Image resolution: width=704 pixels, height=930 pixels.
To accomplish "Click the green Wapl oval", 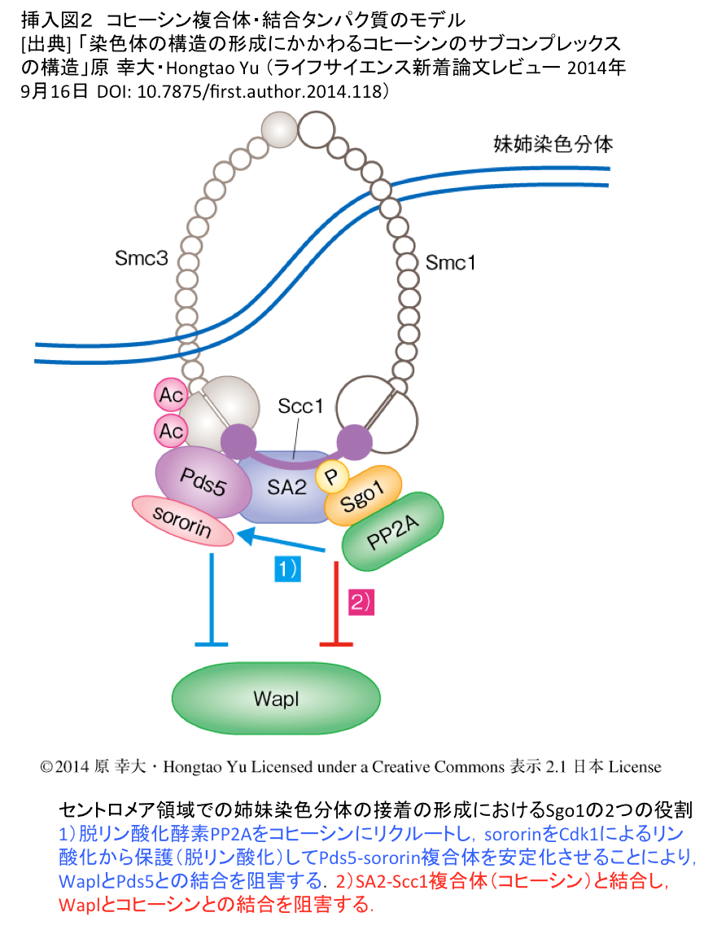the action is [x=276, y=698].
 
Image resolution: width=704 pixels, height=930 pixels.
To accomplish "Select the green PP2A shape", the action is [x=393, y=532].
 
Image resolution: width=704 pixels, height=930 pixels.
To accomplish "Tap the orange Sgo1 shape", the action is [x=363, y=497].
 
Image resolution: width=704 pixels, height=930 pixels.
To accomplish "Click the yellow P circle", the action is [x=332, y=476].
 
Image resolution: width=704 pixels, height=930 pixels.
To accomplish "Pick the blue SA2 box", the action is [x=286, y=487].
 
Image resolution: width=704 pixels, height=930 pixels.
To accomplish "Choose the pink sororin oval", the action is [x=182, y=520].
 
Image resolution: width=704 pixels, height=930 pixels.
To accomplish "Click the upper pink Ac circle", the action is [x=171, y=394].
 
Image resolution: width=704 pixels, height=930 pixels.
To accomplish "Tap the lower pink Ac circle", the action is [x=171, y=431].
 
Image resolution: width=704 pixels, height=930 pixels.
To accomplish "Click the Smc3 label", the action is [x=142, y=258].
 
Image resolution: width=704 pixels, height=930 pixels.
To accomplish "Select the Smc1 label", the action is [x=450, y=262].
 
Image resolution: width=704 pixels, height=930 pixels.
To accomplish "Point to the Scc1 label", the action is [x=300, y=406].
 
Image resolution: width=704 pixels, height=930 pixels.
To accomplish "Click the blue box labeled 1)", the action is [x=287, y=568].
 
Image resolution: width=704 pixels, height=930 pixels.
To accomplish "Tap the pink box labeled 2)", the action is [x=361, y=603].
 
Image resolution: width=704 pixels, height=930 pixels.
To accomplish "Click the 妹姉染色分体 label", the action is [x=553, y=144].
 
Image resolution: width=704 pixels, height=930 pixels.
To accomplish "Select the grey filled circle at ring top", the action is [x=279, y=129].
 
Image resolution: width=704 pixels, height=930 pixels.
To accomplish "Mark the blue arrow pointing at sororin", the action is [x=282, y=542].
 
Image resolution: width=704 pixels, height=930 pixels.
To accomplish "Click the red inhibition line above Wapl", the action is [x=336, y=603].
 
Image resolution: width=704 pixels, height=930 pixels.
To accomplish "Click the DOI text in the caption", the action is [x=243, y=91].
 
